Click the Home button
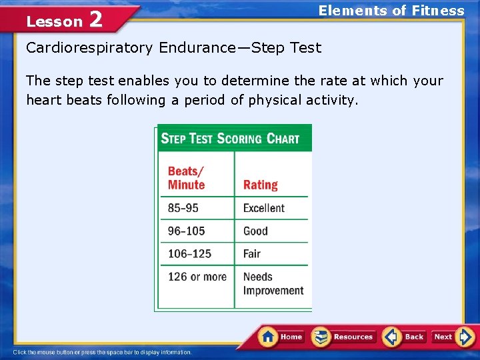coord(281,337)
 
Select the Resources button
coord(344,337)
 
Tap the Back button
coord(405,337)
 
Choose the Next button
coord(453,337)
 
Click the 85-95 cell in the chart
coord(183,208)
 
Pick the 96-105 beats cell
coord(186,231)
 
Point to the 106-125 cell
coord(189,253)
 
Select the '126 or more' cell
coord(197,277)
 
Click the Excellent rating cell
coord(263,208)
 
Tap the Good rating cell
coord(255,231)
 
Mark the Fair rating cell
coord(252,253)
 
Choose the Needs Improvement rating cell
coord(273,283)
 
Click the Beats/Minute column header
coord(186,178)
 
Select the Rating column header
coord(260,185)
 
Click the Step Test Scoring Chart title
coord(230,139)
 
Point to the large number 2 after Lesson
coord(95,19)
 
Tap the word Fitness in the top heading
coord(438,11)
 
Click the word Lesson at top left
coord(54,21)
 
